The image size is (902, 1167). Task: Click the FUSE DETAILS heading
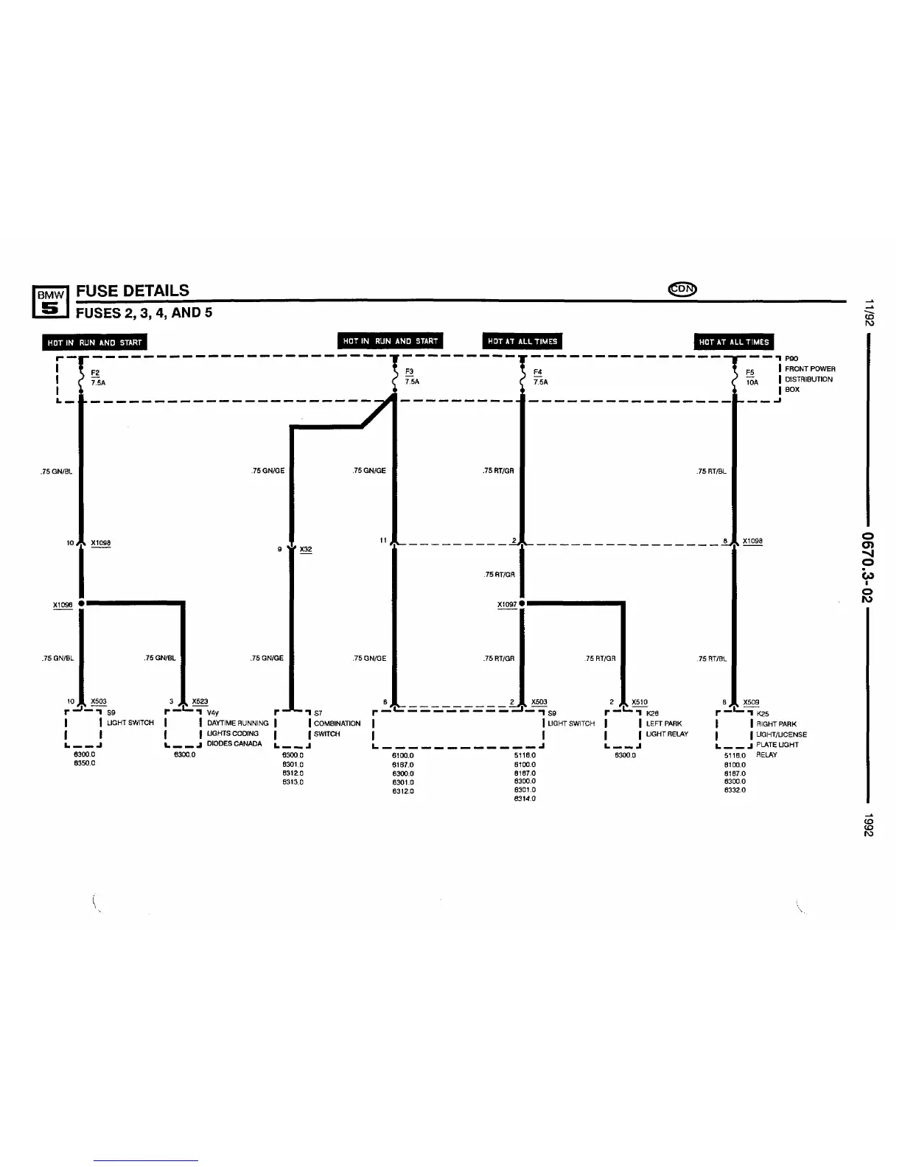click(x=133, y=290)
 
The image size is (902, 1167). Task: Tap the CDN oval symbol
click(x=682, y=288)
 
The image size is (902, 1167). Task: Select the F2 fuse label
click(x=95, y=373)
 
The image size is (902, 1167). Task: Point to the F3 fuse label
click(x=409, y=372)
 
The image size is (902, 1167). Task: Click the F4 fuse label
click(x=537, y=372)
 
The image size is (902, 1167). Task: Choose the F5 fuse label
click(x=750, y=373)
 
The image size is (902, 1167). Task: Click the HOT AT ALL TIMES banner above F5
click(x=734, y=342)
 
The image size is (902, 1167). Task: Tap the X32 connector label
click(x=306, y=550)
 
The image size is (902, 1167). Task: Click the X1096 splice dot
click(x=81, y=603)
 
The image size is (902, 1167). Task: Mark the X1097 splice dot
click(x=522, y=603)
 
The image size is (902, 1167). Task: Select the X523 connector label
click(x=200, y=701)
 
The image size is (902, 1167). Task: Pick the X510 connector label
click(x=640, y=702)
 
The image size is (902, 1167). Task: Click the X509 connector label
click(x=751, y=702)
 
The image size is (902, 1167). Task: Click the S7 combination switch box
click(x=292, y=729)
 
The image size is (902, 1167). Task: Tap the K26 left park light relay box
click(x=623, y=729)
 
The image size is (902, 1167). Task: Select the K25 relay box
click(x=734, y=729)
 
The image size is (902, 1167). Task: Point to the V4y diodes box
click(x=183, y=729)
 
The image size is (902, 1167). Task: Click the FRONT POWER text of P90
click(x=810, y=369)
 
